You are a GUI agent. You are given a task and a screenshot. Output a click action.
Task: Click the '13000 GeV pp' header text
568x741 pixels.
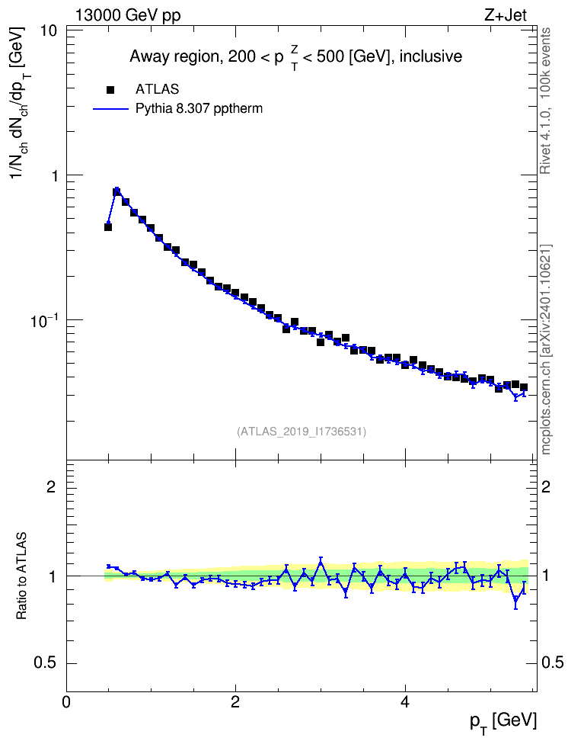(127, 16)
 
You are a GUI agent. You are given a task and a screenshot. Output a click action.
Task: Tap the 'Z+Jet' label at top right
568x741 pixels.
(506, 15)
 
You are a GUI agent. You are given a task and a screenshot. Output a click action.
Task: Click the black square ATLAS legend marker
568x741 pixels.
(110, 90)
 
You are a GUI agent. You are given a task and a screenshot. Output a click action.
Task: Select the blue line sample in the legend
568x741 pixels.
(110, 109)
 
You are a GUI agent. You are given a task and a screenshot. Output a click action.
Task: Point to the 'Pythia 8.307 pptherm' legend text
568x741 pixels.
(199, 109)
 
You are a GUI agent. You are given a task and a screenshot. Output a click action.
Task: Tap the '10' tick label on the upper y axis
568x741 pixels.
(49, 30)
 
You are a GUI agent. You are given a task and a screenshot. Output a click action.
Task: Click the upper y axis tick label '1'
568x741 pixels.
(53, 176)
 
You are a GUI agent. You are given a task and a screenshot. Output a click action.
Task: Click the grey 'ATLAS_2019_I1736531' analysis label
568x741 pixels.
(302, 431)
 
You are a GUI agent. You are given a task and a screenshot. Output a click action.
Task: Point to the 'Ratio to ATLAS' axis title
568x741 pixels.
(21, 576)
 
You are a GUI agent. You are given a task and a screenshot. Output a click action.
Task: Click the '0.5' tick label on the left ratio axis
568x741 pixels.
(45, 663)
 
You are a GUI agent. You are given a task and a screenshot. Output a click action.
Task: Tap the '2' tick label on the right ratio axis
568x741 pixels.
(546, 486)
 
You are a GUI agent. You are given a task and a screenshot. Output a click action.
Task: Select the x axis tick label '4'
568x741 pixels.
(404, 701)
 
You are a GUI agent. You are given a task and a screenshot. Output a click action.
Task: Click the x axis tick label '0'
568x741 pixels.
(66, 701)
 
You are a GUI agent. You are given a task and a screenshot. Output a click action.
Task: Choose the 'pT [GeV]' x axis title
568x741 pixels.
(503, 722)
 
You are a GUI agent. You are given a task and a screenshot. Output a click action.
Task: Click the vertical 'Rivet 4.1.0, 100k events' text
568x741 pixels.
(545, 101)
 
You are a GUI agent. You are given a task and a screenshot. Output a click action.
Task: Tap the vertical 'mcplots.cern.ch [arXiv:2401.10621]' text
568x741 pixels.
(546, 349)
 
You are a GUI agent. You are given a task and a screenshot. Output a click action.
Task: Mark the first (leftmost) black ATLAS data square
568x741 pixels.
(108, 227)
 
